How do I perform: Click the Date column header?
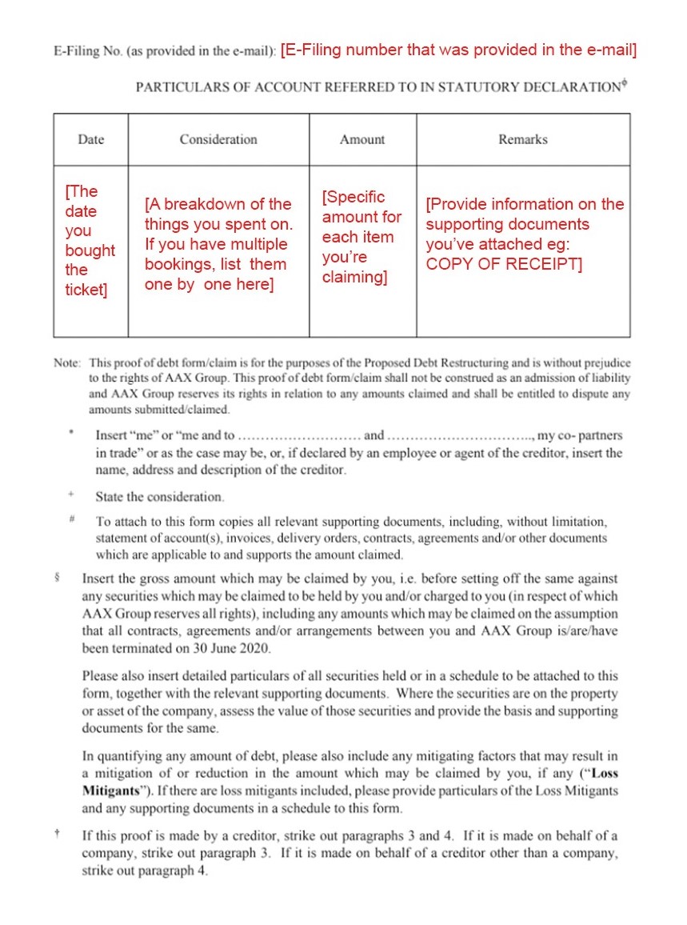coord(90,139)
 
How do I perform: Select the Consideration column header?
coord(218,139)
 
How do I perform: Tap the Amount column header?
coord(362,139)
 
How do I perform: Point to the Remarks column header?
coord(523,139)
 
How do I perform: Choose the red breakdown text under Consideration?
coord(218,244)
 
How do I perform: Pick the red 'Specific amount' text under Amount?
coord(362,236)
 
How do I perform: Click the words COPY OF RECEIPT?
coord(504,264)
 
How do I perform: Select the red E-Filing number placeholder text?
coord(458,50)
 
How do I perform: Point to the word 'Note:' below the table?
coord(67,362)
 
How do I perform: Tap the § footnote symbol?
coord(59,577)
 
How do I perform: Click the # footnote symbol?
coord(72,519)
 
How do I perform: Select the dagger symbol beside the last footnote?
coord(59,835)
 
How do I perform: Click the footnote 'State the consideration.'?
coord(160,497)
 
